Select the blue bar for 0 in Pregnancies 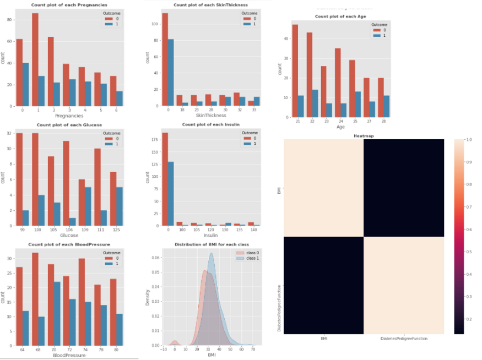25,84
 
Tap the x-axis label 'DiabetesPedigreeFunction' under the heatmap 404,339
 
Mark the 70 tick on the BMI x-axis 253,350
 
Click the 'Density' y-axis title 147,298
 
